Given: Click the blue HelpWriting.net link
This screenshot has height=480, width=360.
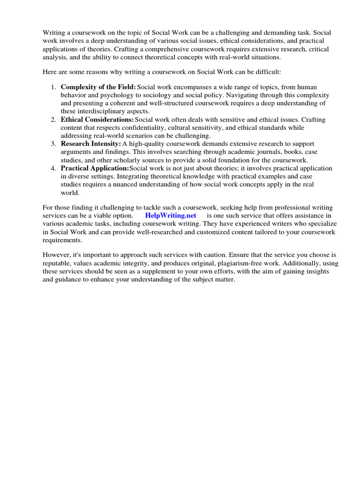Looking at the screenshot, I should click(171, 215).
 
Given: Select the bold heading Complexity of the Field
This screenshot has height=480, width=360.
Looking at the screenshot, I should click(98, 87).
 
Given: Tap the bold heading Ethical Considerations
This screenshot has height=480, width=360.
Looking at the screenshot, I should click(97, 120).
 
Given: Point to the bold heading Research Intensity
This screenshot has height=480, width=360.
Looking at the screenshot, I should click(90, 143).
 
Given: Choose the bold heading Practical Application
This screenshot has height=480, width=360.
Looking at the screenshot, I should click(95, 168).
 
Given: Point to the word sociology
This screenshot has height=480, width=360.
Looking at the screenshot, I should click(157, 95).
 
